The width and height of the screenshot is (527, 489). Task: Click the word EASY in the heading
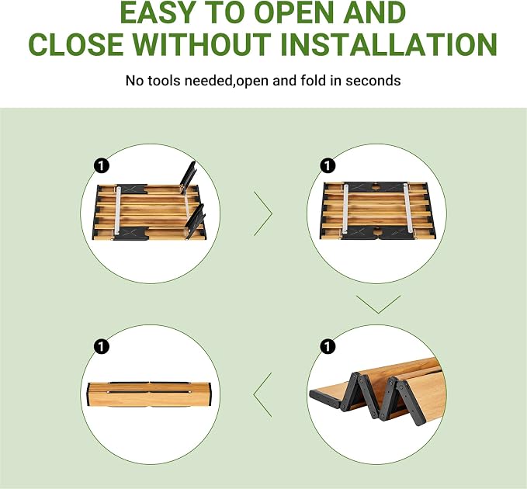(x=157, y=12)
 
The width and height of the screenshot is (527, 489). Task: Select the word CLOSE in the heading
(x=76, y=44)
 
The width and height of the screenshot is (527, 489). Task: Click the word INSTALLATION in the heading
(x=389, y=44)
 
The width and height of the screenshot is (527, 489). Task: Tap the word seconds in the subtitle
(x=373, y=81)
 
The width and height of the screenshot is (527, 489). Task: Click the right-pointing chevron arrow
(x=263, y=213)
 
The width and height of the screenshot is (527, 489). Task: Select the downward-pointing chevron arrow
(x=379, y=304)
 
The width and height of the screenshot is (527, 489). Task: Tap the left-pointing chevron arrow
(x=262, y=395)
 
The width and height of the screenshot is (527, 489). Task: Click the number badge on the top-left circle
(x=102, y=165)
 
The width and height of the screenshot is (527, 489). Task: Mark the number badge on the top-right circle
(x=328, y=165)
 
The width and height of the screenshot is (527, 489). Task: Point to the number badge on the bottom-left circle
(x=102, y=346)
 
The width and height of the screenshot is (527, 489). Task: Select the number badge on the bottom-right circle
(x=328, y=346)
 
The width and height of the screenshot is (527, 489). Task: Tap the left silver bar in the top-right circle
(x=346, y=208)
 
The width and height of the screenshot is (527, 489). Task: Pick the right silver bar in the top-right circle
(x=407, y=208)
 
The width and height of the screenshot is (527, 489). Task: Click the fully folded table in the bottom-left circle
(x=150, y=394)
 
